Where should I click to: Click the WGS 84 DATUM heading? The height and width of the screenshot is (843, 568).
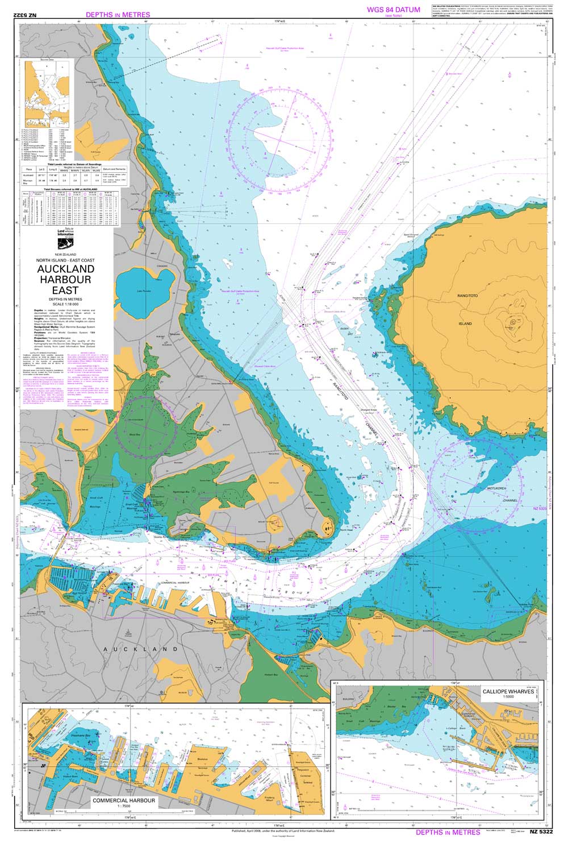pos(393,10)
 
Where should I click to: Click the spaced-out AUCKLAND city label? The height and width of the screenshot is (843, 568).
pos(140,649)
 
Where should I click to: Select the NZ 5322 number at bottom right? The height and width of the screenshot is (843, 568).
pos(540,832)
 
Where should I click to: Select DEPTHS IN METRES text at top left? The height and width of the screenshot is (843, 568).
pos(118,15)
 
